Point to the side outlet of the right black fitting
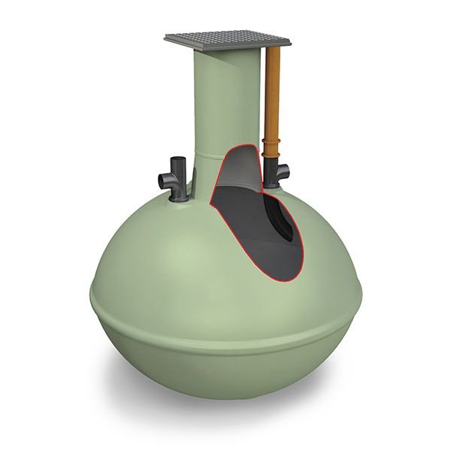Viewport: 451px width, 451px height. (285, 173)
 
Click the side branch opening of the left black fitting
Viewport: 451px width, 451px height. (163, 180)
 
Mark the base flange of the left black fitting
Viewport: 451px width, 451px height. (180, 198)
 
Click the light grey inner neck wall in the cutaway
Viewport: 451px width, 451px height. (237, 169)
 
